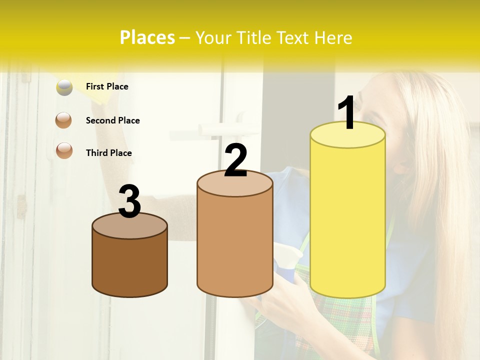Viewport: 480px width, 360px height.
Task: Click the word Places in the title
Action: (x=147, y=37)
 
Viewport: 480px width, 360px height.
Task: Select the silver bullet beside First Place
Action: (x=64, y=87)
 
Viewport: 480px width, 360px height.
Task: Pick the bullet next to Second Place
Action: (x=64, y=120)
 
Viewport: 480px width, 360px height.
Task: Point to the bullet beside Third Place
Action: (x=64, y=150)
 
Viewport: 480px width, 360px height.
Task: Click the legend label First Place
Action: (x=107, y=86)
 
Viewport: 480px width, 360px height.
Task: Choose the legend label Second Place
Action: (x=112, y=120)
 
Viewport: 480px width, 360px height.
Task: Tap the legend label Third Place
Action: (x=108, y=153)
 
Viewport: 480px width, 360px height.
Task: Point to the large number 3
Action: (x=129, y=201)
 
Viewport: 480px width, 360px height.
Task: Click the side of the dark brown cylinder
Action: (x=129, y=265)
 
